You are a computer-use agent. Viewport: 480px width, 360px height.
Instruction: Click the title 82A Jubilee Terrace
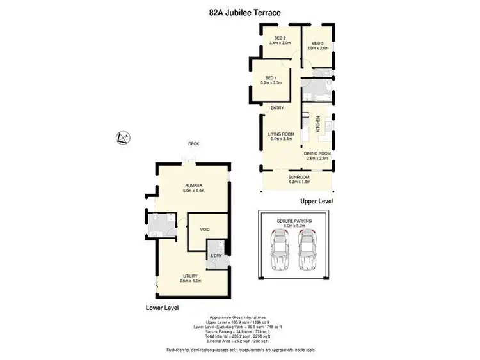[x=241, y=12]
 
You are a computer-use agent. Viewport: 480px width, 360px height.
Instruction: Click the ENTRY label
[x=277, y=108]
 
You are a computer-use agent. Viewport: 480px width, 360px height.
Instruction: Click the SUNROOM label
[x=298, y=179]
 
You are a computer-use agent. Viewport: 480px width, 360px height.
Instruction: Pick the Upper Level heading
[x=316, y=201]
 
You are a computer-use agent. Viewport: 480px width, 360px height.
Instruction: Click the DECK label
[x=193, y=144]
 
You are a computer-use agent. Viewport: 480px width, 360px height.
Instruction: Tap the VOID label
[x=205, y=229]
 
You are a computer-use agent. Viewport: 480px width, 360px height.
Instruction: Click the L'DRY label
[x=216, y=256]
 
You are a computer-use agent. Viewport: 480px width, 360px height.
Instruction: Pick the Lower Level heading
[x=163, y=308]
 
